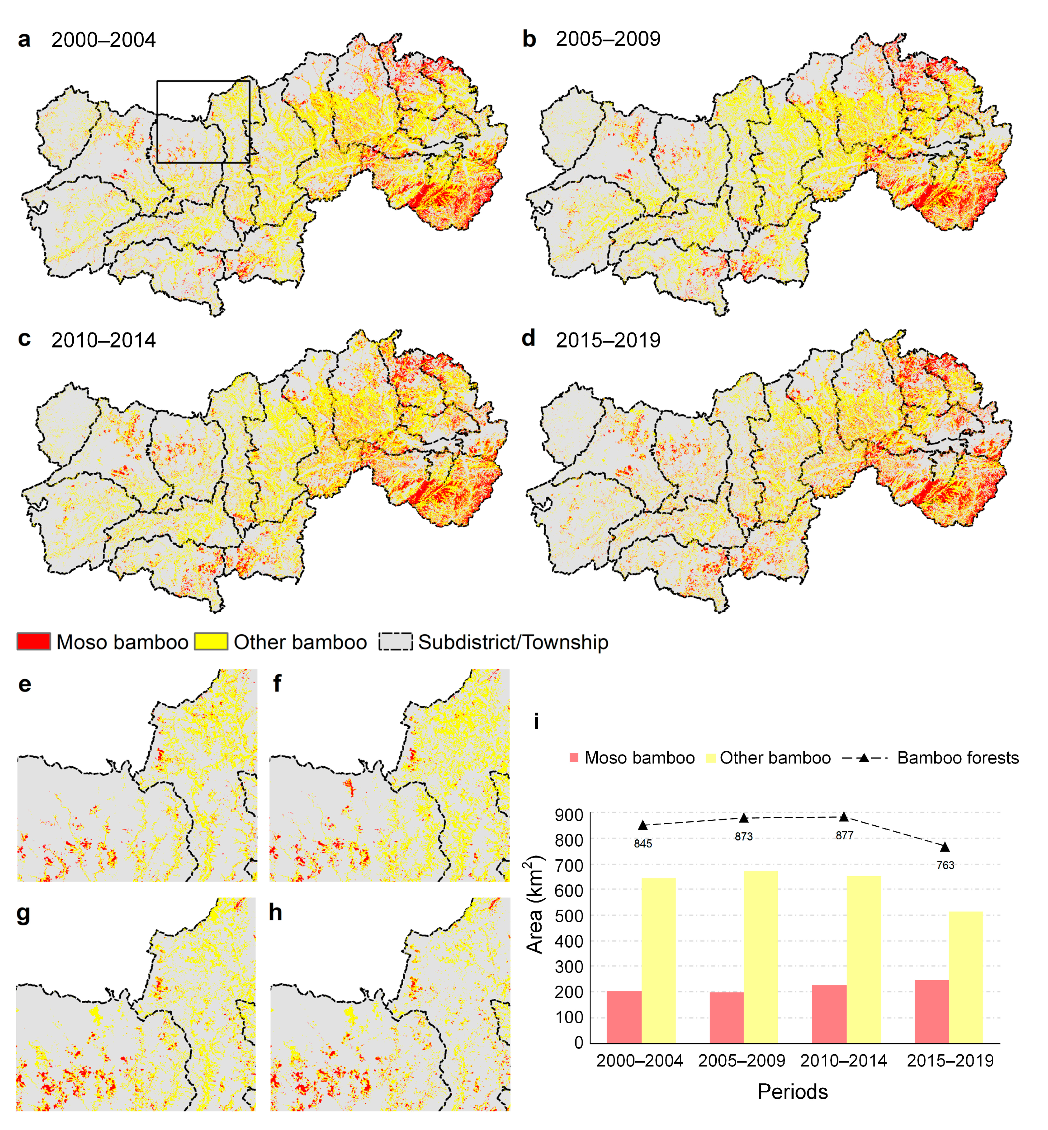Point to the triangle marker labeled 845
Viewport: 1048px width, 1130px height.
point(643,825)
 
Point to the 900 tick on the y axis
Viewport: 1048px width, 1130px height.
point(569,815)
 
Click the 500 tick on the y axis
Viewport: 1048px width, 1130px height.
point(569,916)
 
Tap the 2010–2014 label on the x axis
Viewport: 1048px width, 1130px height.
point(843,1061)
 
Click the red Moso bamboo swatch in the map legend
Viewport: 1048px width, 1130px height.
point(34,642)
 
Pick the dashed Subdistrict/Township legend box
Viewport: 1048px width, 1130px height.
point(396,642)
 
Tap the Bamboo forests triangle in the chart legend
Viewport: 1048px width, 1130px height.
point(864,758)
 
